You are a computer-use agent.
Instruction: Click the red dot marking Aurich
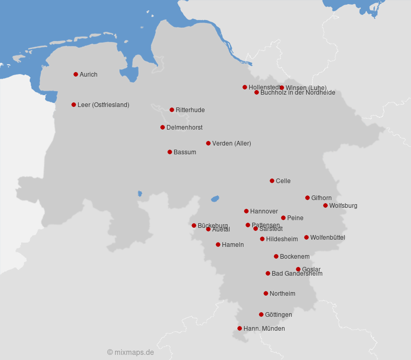(x=76, y=74)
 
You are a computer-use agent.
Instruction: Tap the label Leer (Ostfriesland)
(x=103, y=105)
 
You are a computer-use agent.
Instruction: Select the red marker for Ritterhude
(x=172, y=110)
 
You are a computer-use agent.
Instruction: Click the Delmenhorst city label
(x=184, y=128)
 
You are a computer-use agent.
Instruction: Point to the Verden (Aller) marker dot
(x=208, y=143)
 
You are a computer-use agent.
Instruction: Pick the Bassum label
(x=185, y=152)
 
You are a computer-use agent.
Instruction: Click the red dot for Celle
(x=272, y=181)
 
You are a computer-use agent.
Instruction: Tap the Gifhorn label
(x=322, y=198)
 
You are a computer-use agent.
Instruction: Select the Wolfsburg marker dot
(x=325, y=205)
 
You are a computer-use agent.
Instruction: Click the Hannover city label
(x=264, y=211)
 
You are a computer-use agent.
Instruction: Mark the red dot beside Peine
(x=283, y=218)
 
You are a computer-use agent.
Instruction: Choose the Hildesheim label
(x=282, y=239)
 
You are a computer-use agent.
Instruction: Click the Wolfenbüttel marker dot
(x=306, y=237)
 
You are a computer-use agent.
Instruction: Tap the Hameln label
(x=233, y=245)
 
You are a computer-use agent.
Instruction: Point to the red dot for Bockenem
(x=276, y=256)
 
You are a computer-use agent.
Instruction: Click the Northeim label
(x=283, y=294)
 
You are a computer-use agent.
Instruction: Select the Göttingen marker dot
(x=261, y=314)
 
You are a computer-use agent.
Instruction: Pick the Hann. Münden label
(x=264, y=329)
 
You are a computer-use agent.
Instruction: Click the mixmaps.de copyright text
(x=130, y=352)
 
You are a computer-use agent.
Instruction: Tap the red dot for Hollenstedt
(x=245, y=87)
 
